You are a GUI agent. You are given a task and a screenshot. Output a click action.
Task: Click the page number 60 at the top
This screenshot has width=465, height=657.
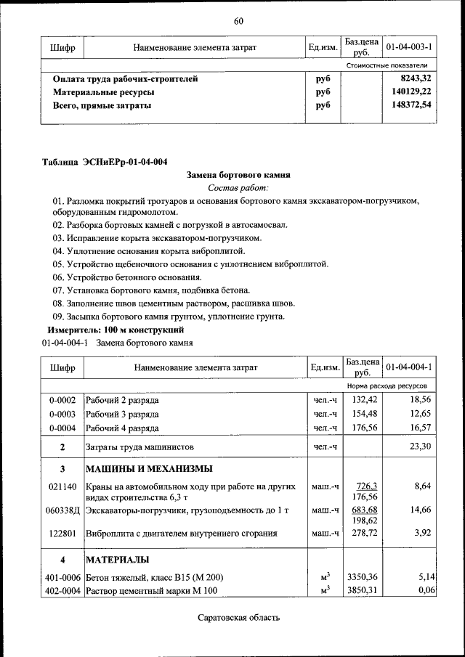[x=238, y=20]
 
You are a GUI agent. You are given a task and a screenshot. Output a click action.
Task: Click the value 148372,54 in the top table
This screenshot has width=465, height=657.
[x=410, y=105]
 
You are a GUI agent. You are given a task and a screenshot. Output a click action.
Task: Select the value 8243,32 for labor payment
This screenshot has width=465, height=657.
[x=416, y=78]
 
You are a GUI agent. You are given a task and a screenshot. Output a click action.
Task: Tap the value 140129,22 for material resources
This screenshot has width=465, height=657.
[x=410, y=92]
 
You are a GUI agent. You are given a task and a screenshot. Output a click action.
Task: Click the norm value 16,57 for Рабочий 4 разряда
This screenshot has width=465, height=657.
[x=421, y=428]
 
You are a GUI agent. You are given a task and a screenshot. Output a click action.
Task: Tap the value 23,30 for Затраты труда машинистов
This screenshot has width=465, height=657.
[x=421, y=446]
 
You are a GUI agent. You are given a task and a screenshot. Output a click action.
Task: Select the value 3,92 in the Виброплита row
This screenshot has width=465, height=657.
[x=424, y=534]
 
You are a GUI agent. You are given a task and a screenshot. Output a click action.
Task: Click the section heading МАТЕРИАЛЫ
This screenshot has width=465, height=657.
[x=117, y=560]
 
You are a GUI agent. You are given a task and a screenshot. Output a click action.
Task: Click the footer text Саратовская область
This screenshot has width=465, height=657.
[x=238, y=619]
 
